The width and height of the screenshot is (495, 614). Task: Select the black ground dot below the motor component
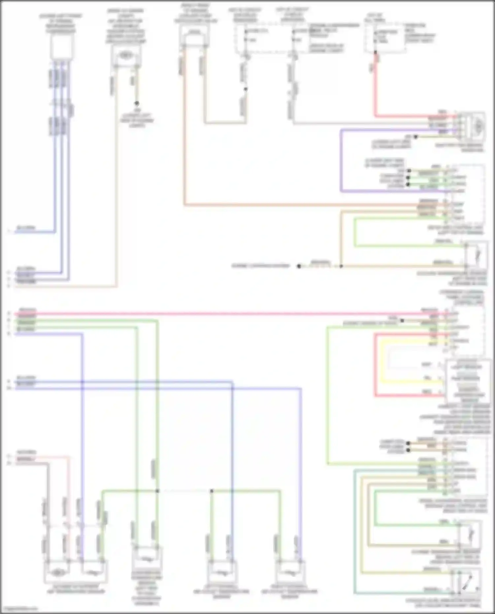[136, 103]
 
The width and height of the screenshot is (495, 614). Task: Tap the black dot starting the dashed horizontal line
[299, 266]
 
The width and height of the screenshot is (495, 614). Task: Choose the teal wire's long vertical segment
[354, 531]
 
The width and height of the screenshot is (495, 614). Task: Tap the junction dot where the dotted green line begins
[157, 491]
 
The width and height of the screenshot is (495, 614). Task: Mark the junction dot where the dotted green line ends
[212, 491]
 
